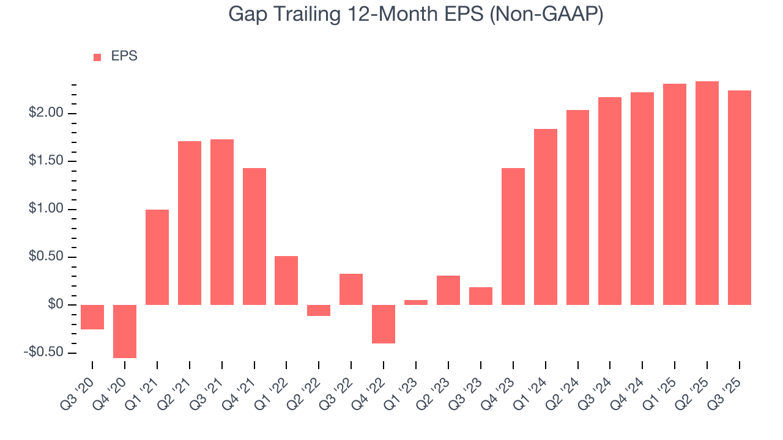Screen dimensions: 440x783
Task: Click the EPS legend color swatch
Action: pos(97,57)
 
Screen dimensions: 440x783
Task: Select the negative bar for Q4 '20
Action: pos(125,331)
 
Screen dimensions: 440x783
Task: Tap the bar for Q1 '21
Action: pos(157,257)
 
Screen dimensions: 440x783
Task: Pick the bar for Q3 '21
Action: pos(222,222)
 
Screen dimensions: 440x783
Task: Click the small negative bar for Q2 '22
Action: pos(319,310)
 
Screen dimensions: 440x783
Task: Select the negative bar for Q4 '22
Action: pos(384,324)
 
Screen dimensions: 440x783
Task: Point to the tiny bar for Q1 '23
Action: pos(416,302)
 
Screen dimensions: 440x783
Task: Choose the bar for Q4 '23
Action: pos(513,237)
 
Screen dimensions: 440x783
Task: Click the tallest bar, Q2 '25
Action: pos(707,193)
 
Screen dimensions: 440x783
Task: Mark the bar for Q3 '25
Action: pos(739,197)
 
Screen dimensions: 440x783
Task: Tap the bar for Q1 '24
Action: pos(545,217)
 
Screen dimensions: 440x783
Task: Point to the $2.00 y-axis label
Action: pos(46,114)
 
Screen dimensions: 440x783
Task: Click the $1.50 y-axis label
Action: pos(46,161)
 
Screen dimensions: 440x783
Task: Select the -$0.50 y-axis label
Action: pos(45,353)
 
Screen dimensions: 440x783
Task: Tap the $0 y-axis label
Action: pos(57,305)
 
